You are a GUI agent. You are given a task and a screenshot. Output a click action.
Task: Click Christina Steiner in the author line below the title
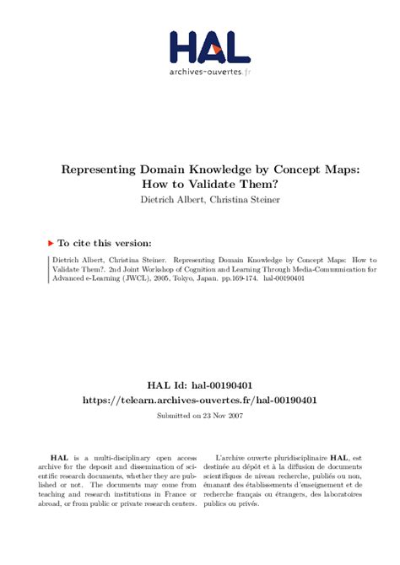(x=235, y=200)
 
